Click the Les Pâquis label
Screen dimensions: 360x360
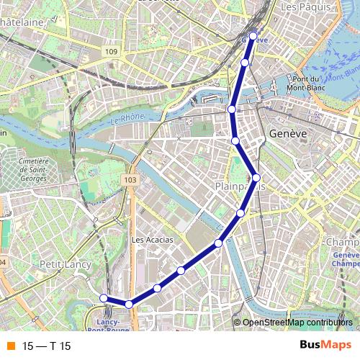pyautogui.click(x=309, y=6)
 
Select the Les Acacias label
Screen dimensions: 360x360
pyautogui.click(x=153, y=240)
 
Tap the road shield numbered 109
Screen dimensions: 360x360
pyautogui.click(x=110, y=52)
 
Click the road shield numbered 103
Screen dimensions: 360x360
pyautogui.click(x=130, y=179)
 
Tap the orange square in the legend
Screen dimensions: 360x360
pyautogui.click(x=9, y=345)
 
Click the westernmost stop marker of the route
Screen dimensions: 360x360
pyautogui.click(x=104, y=298)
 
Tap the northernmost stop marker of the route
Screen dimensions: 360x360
pyautogui.click(x=253, y=35)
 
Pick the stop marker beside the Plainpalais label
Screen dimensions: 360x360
pyautogui.click(x=256, y=178)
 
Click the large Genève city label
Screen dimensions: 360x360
pyautogui.click(x=288, y=134)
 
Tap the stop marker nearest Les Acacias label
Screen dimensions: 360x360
pyautogui.click(x=181, y=271)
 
